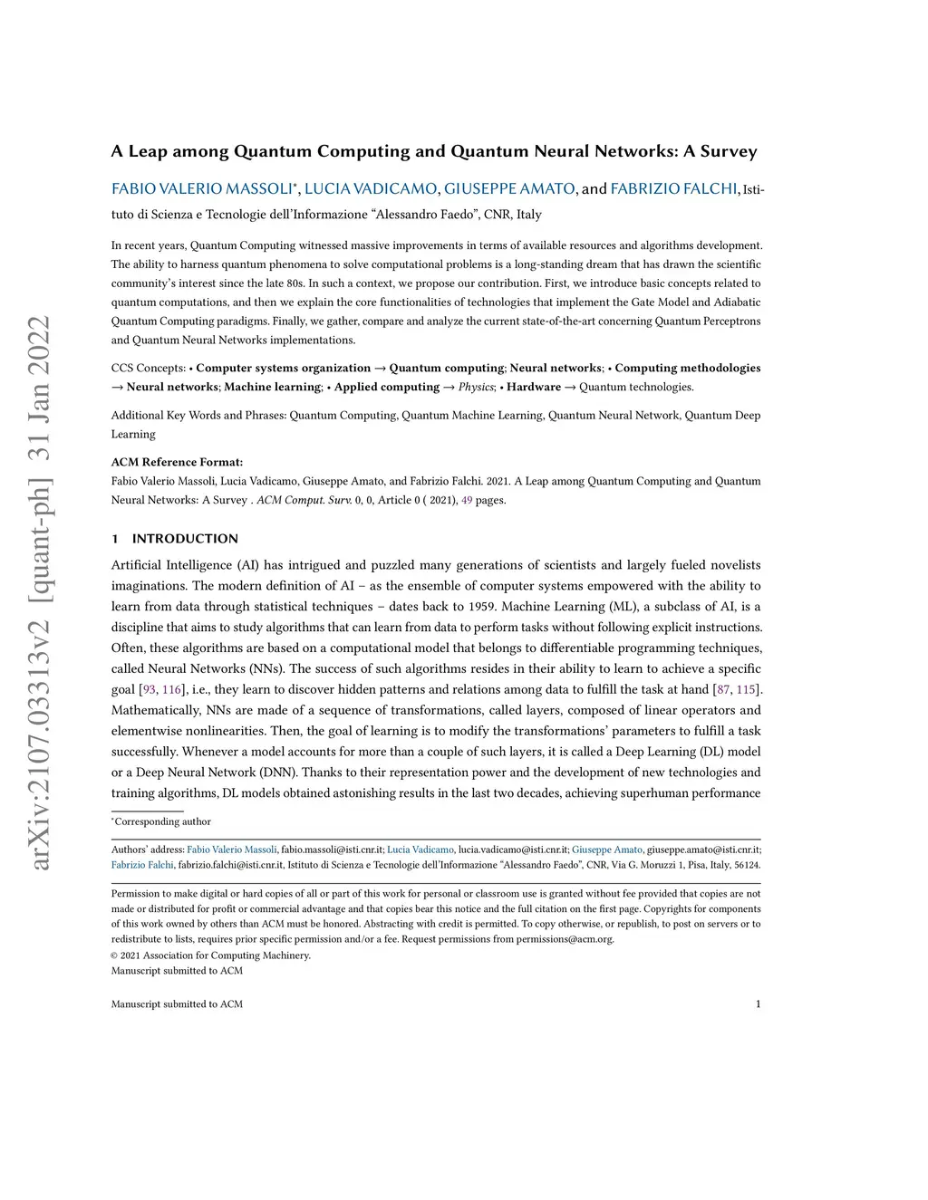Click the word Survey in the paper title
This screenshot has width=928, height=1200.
728,151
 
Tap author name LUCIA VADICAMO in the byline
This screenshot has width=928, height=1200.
372,188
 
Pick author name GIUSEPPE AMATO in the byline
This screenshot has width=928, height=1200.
509,188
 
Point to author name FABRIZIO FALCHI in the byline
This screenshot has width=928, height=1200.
673,188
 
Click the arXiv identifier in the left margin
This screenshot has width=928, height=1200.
41,593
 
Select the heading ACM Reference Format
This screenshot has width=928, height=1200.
177,462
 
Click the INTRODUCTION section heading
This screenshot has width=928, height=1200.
185,539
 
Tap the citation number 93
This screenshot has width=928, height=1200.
150,689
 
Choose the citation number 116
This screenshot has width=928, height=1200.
172,689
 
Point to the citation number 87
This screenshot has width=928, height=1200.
723,689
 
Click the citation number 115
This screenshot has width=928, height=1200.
746,689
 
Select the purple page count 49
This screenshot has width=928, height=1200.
467,500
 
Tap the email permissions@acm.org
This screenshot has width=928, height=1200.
565,939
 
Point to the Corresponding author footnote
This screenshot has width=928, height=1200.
162,821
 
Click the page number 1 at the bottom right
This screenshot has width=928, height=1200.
758,1003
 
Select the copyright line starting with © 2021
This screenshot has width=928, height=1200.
210,955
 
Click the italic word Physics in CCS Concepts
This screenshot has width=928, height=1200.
476,387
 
